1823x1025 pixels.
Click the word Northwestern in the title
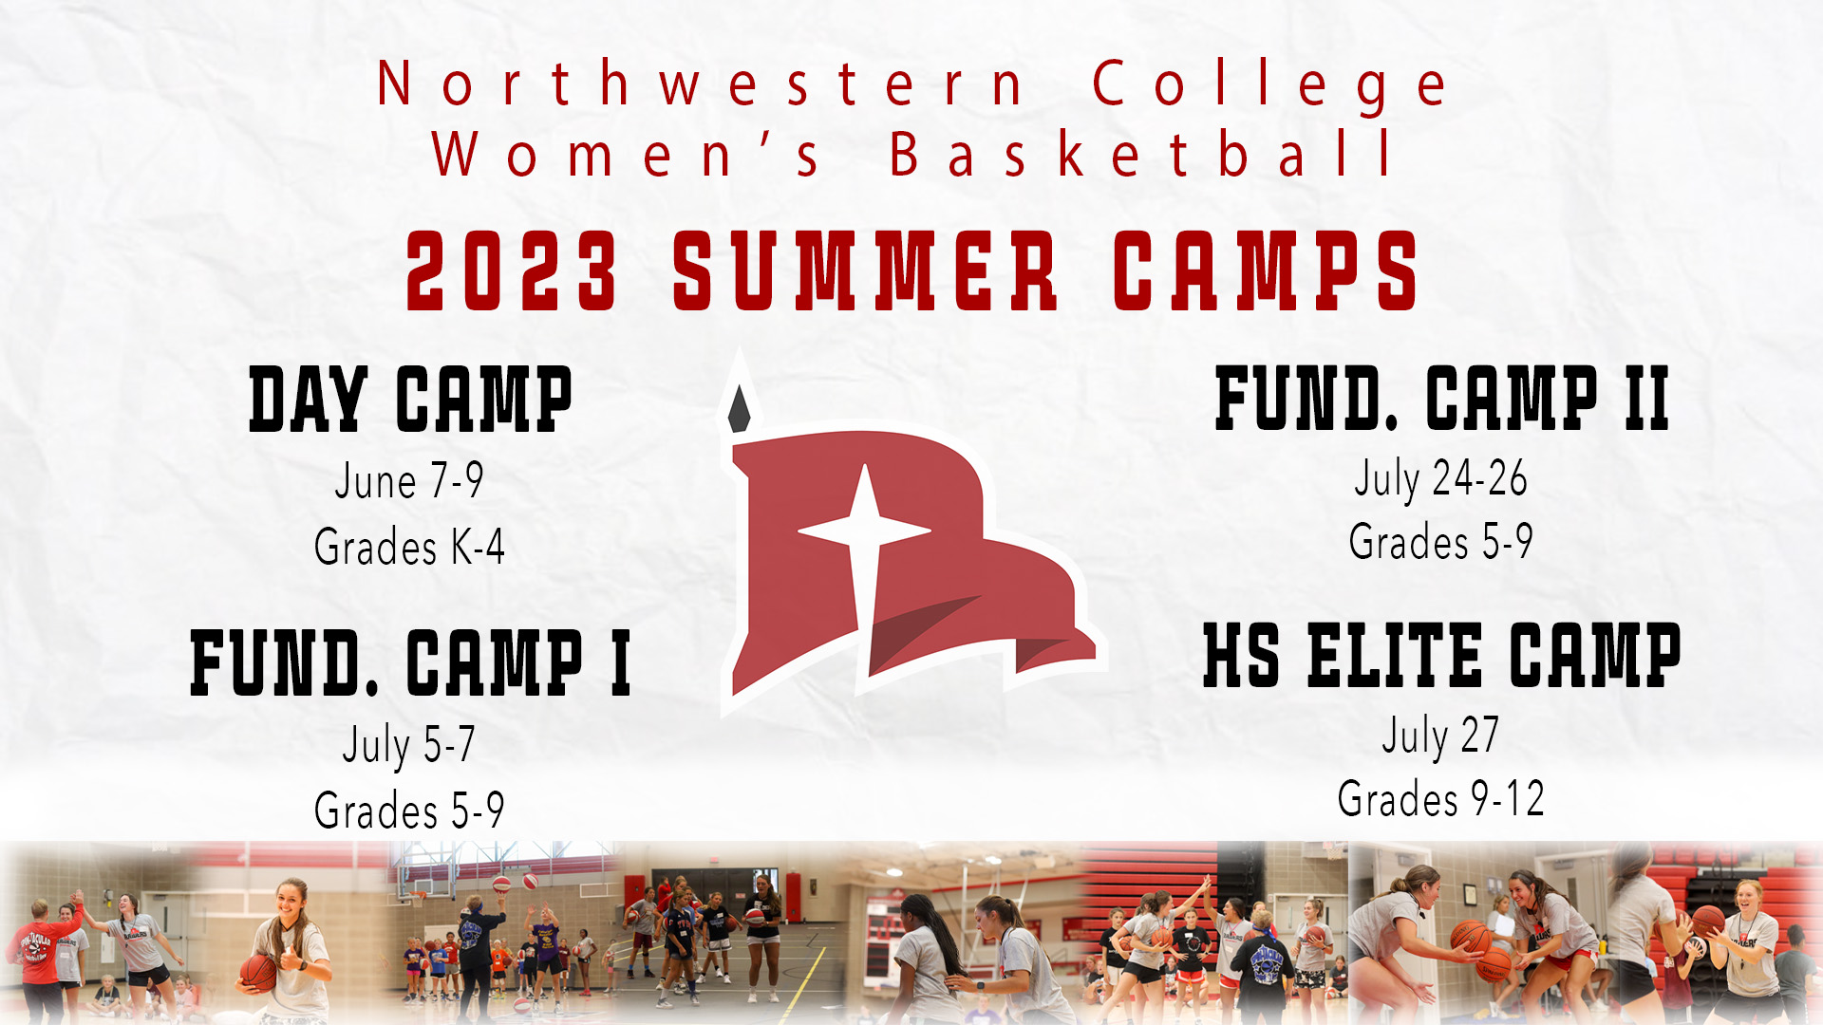click(701, 84)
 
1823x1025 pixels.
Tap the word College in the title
click(1269, 86)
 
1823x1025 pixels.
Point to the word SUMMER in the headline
click(864, 271)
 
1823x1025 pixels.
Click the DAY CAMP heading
click(410, 400)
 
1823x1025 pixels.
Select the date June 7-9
click(409, 480)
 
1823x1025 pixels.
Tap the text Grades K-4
click(409, 547)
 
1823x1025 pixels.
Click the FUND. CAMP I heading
click(410, 662)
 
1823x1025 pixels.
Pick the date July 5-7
click(409, 744)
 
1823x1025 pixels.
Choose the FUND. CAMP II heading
click(1441, 399)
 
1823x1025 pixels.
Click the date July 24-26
click(1440, 478)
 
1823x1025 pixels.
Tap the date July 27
click(1440, 736)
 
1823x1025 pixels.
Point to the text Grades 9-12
click(1441, 799)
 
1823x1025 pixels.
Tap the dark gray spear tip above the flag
click(739, 409)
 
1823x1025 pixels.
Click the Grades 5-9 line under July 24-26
click(1440, 542)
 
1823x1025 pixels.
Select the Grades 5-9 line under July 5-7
click(409, 811)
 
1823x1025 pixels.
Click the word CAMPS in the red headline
click(1266, 271)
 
